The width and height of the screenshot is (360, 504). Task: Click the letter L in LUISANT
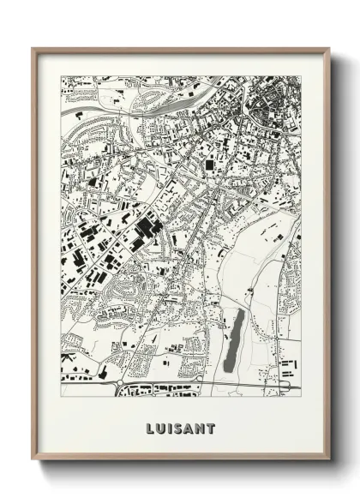(x=149, y=428)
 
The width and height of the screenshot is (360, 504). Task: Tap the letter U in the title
(x=160, y=428)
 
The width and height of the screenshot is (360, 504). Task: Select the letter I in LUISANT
(x=169, y=428)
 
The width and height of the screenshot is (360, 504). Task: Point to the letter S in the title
(x=177, y=428)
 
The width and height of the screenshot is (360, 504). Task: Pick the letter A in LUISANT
(x=189, y=428)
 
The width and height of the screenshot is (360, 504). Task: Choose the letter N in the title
(x=200, y=428)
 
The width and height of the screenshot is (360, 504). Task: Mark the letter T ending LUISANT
(x=211, y=428)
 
